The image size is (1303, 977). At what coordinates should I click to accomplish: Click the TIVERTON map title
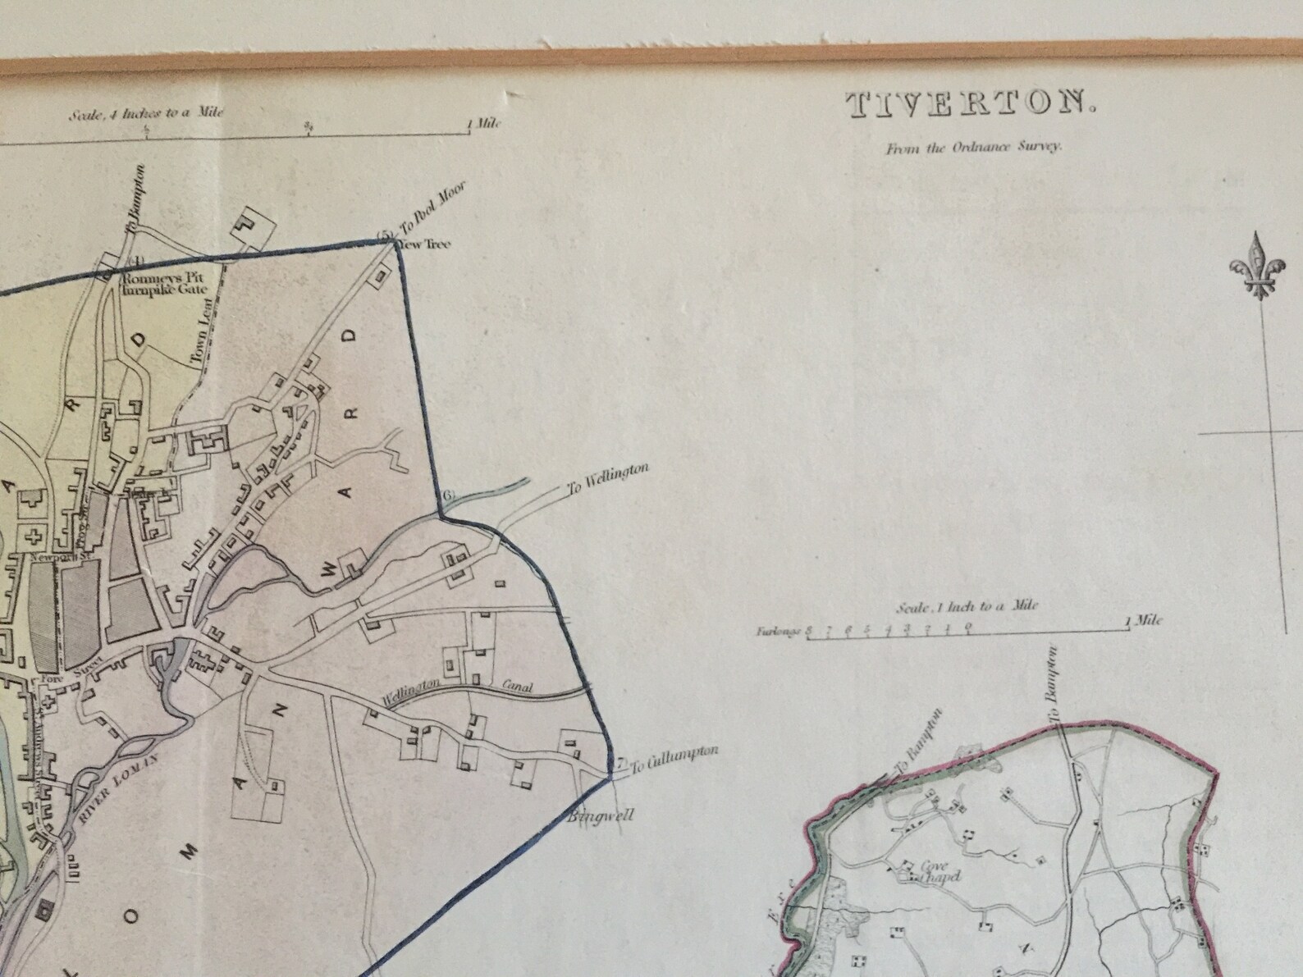970,105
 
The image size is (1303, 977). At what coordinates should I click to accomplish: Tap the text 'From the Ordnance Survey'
973,148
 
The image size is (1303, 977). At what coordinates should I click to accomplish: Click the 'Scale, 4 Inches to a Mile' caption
146,114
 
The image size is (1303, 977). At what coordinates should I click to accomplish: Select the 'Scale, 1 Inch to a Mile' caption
967,607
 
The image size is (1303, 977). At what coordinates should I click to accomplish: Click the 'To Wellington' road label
608,478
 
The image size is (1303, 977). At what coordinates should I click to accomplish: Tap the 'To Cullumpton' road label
674,760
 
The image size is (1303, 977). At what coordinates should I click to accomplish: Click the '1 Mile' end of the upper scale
484,125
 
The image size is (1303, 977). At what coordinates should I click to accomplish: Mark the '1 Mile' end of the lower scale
1145,621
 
